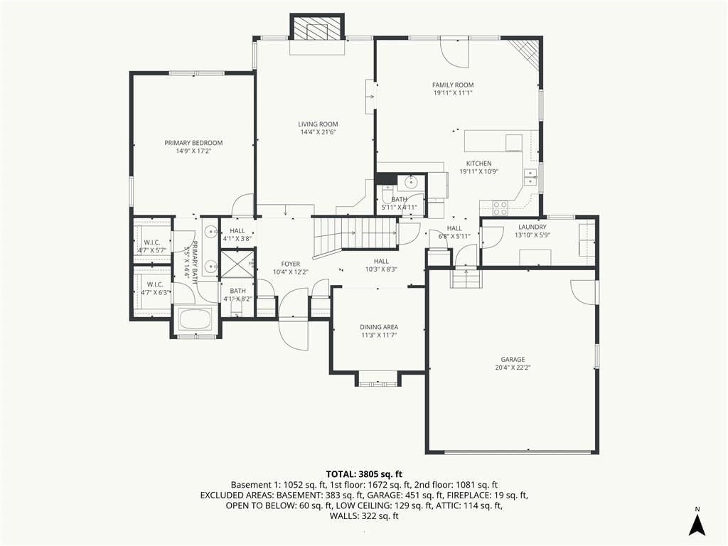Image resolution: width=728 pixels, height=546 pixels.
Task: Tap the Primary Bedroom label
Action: tap(193, 143)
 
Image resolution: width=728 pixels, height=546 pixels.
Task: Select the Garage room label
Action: tap(513, 359)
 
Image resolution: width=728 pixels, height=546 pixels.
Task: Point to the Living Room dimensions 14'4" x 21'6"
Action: tap(318, 132)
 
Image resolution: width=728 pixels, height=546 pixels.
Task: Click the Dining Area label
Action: tap(379, 327)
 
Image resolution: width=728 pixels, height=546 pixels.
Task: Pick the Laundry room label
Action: tap(532, 227)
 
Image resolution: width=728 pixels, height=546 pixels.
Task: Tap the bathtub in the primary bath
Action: tap(196, 319)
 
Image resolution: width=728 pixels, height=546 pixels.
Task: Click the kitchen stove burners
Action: tap(500, 208)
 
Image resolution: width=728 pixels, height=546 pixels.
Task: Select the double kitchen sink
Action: tap(530, 177)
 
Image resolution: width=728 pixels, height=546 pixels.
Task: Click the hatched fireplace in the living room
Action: tap(318, 27)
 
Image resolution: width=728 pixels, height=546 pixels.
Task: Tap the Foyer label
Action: tap(291, 264)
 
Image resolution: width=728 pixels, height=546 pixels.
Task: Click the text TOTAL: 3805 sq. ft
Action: tap(364, 474)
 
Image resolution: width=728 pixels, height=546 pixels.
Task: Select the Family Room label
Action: tap(453, 85)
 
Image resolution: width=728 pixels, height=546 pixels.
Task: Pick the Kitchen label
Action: tap(478, 164)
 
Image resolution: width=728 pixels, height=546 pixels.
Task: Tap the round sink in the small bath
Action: tap(412, 183)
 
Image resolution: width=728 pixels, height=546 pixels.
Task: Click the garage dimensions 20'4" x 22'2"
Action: tap(513, 368)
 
